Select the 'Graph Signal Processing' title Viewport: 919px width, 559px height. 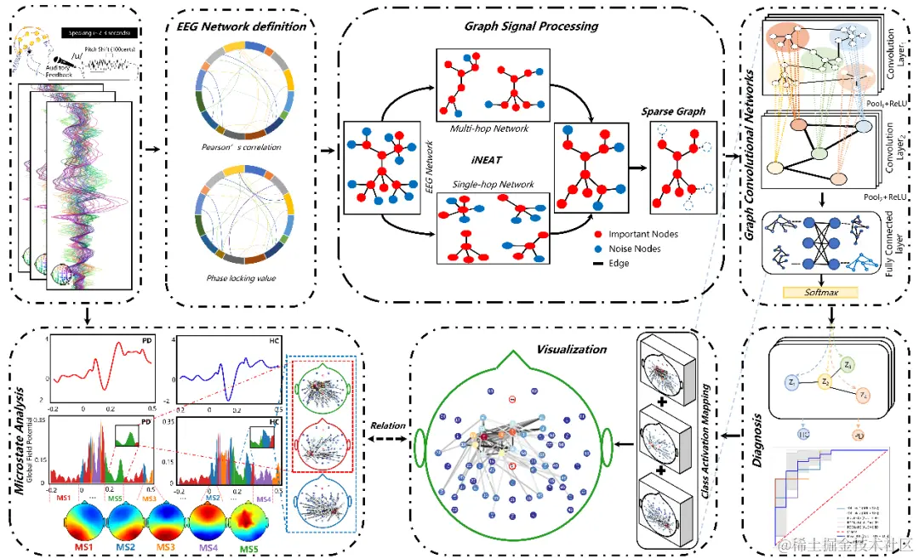tap(531, 26)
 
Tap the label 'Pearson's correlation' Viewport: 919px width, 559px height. tap(243, 147)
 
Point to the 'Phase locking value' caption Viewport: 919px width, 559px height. tap(243, 278)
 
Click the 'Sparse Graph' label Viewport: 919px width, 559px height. tap(672, 111)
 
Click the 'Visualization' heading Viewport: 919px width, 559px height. tap(572, 349)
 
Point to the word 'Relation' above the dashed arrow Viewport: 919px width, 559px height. tap(387, 425)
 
